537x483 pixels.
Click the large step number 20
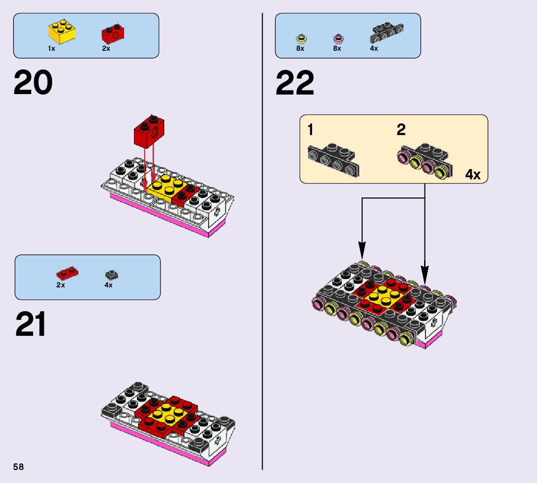tap(33, 83)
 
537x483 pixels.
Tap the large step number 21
tap(31, 324)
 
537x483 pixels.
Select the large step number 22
tap(295, 83)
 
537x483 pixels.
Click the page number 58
tap(19, 467)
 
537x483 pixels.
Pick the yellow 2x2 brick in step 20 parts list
tap(62, 31)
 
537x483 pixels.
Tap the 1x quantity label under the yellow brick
tap(51, 48)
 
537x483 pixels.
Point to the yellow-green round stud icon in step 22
tap(300, 38)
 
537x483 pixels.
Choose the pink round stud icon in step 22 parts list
tap(337, 38)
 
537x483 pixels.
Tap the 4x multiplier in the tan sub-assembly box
tap(473, 175)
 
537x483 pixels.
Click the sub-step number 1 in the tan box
tap(310, 130)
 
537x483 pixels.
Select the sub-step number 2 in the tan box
tap(401, 130)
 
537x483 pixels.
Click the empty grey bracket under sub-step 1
tap(334, 160)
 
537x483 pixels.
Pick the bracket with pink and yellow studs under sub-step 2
tap(423, 161)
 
